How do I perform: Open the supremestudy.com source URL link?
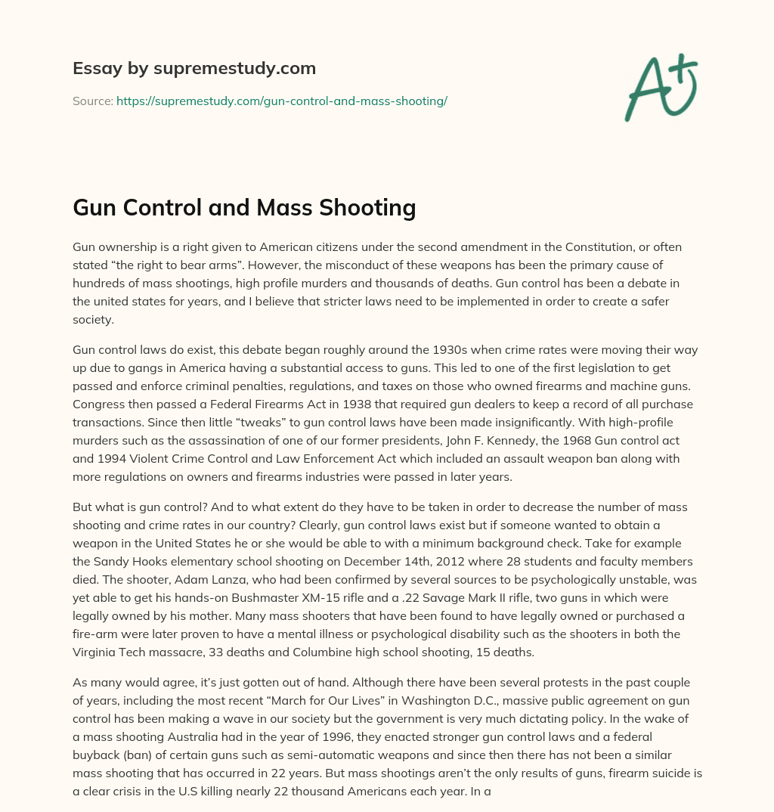pos(281,101)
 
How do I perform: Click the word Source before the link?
pos(92,101)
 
